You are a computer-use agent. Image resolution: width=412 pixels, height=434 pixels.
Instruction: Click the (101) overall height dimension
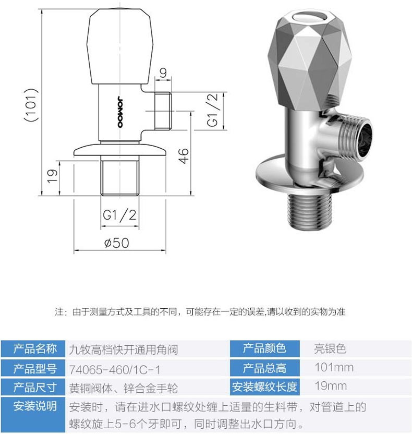point(31,105)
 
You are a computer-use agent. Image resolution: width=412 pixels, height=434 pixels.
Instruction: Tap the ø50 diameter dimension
point(116,243)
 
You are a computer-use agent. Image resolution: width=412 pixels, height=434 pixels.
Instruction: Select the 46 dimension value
point(184,155)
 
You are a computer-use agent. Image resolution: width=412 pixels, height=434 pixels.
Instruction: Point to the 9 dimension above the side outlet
point(163,73)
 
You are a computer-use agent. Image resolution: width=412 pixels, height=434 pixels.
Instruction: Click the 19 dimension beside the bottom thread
point(53,176)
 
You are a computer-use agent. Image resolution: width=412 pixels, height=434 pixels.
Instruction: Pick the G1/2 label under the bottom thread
point(119,215)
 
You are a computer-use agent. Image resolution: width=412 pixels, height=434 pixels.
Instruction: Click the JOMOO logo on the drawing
point(120,112)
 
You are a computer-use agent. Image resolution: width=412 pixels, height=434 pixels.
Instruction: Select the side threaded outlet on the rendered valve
point(354,138)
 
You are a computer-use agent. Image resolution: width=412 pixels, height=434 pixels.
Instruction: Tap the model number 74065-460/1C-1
point(115,369)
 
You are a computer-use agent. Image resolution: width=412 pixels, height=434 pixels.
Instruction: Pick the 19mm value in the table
point(330,386)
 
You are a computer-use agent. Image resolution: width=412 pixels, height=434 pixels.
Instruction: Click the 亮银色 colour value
point(330,348)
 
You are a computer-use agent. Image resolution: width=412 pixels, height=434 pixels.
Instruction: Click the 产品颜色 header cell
point(264,348)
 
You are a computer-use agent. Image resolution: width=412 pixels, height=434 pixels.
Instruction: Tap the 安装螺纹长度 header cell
point(264,387)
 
